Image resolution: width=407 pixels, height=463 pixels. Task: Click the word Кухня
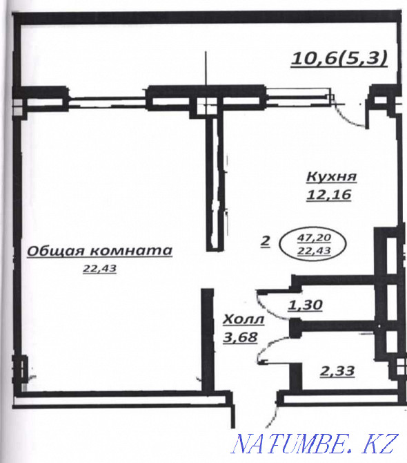tap(328, 177)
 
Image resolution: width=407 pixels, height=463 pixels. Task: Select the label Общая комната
tap(99, 251)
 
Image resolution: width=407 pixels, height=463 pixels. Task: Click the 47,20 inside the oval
tap(312, 236)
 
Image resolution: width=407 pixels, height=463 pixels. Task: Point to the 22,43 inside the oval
tap(312, 249)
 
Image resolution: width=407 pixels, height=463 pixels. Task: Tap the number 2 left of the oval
tap(265, 242)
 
